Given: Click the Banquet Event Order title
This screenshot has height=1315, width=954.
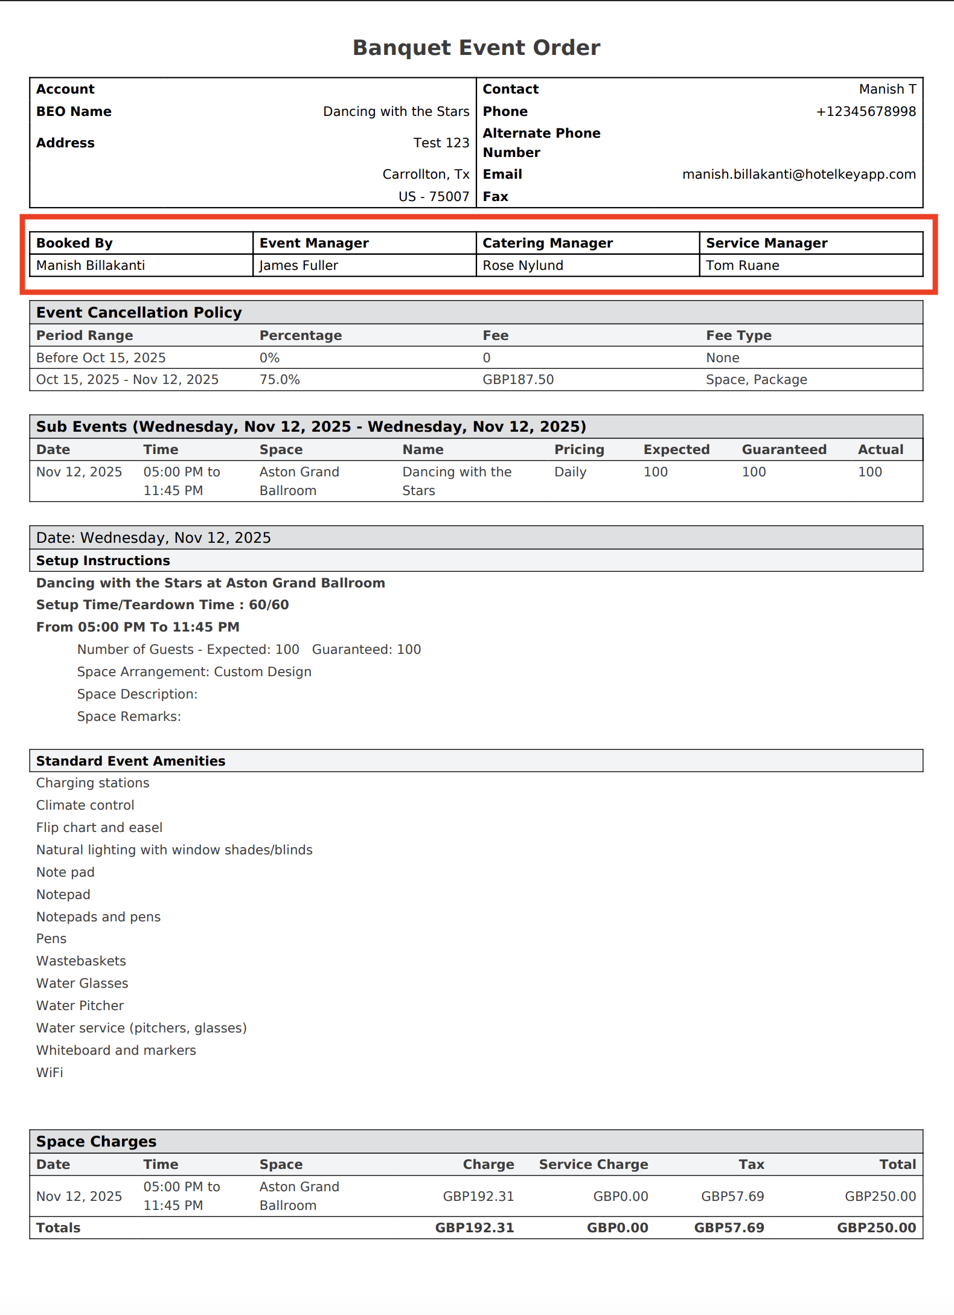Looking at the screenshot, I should coord(476,48).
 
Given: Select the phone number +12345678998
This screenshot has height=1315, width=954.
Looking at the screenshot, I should coord(865,112).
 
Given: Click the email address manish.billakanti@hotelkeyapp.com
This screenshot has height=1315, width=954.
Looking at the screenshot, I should coord(798,174).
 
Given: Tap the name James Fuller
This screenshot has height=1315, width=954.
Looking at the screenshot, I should coord(299,266).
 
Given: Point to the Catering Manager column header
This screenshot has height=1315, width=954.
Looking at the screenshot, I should coord(547,243).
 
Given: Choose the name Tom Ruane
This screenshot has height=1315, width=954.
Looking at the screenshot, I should coord(742,266).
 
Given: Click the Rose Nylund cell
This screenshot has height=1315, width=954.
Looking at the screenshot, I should coord(523,266).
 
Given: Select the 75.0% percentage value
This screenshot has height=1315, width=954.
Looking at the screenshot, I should coord(280,380).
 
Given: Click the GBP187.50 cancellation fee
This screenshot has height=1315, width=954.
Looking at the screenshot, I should coord(518,380).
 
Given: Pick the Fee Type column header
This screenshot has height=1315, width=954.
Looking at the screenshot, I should coord(738,336).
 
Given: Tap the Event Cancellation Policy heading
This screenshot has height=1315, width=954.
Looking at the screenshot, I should coord(139,313).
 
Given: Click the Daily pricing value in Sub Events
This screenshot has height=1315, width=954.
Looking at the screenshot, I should coord(570,472).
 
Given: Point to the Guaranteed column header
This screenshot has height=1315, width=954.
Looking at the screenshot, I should coord(784,450).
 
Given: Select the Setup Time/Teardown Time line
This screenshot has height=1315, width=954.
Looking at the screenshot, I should coord(162,605).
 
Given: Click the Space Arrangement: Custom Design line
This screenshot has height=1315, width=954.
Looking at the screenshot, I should coord(194,672).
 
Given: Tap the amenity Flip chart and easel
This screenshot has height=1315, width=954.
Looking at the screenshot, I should coord(99,828).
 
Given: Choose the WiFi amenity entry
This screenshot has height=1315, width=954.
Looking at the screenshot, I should coord(50,1073).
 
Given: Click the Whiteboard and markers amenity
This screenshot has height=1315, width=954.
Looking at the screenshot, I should coord(116,1051).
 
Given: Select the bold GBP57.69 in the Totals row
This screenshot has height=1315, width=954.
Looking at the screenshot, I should coord(729,1228).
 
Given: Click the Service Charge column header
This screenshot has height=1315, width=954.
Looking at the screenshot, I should coord(593,1165).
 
